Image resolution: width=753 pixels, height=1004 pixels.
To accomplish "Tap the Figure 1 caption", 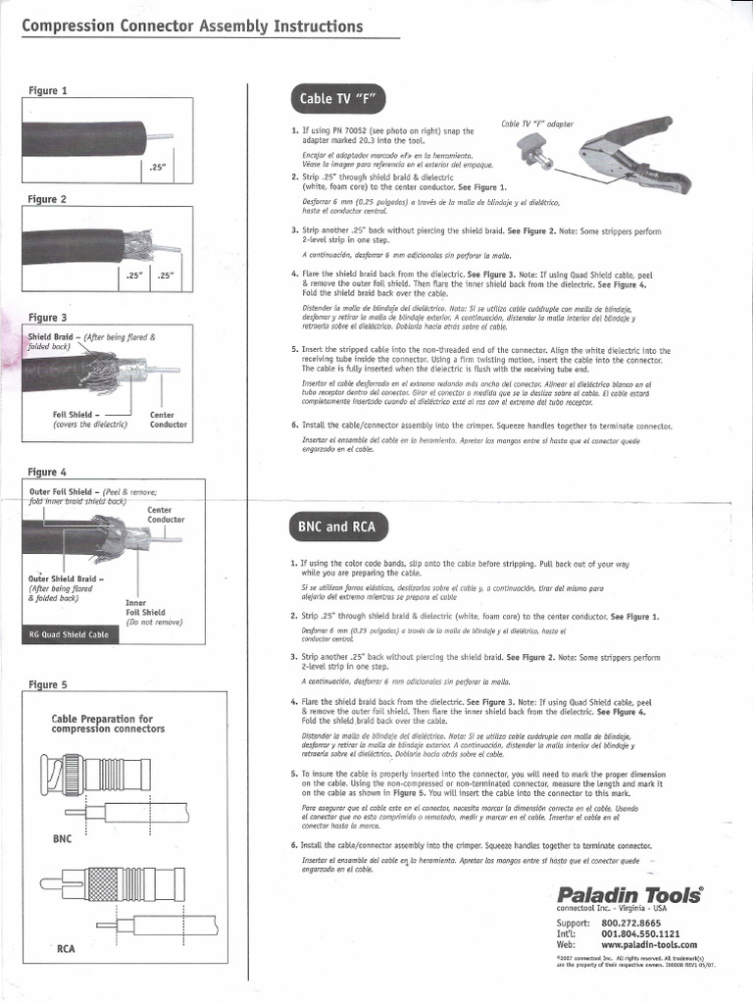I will point(48,91).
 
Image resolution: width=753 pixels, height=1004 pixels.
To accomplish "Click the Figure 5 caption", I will point(48,684).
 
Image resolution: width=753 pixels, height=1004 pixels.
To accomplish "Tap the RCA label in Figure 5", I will point(67,948).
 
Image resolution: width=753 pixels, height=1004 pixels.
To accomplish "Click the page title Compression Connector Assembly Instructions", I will point(192,26).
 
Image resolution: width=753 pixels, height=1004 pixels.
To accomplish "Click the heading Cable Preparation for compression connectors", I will point(107,724).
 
